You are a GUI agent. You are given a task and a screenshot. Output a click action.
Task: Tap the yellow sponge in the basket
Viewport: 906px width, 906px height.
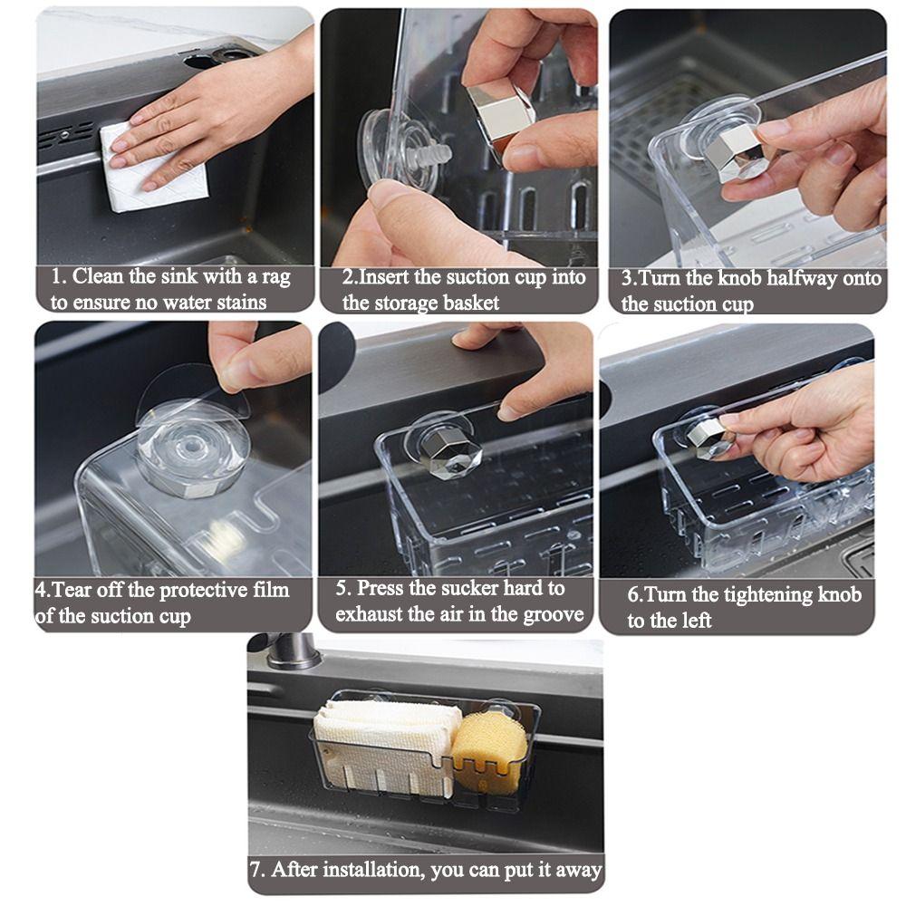click(x=490, y=749)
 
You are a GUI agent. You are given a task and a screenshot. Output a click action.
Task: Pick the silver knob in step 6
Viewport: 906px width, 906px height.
click(x=708, y=436)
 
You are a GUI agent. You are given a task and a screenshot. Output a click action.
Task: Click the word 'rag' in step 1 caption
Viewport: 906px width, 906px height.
click(x=271, y=277)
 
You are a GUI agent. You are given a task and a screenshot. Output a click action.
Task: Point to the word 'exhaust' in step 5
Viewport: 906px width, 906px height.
click(x=371, y=614)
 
